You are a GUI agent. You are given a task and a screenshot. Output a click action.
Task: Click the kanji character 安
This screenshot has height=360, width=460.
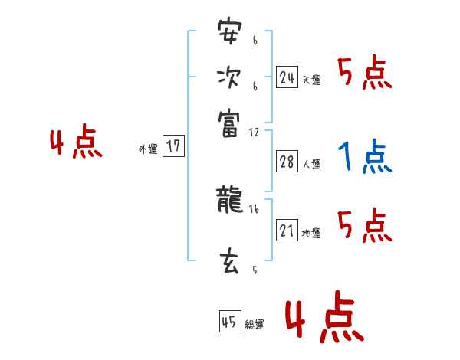[x=229, y=34]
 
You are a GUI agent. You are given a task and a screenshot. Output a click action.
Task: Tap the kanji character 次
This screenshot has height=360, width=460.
[x=229, y=77]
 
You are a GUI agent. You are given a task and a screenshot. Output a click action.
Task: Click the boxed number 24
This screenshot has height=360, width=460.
[x=287, y=77]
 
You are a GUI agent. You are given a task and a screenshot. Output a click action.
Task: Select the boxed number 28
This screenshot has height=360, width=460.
[x=287, y=162]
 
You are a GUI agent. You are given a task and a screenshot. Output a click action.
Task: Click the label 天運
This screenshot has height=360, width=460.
[x=311, y=80]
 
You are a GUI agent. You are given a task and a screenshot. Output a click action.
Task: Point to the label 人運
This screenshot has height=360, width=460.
[x=311, y=164]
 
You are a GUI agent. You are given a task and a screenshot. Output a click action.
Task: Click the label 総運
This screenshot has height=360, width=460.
[x=255, y=325]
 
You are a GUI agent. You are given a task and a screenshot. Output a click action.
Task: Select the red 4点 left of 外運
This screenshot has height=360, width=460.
[x=76, y=144]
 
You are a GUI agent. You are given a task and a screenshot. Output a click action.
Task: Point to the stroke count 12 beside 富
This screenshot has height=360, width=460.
[x=254, y=132]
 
